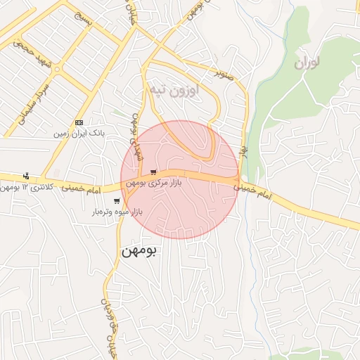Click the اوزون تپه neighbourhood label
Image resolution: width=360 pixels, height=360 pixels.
point(173,90)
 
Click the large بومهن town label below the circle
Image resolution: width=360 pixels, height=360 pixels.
point(139,250)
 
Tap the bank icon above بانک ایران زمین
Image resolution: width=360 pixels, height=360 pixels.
point(79,122)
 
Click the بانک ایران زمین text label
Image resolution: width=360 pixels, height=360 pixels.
point(79,132)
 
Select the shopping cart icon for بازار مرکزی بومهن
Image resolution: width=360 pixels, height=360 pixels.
point(153,172)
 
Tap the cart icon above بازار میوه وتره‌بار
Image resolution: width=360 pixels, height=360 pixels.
point(116,201)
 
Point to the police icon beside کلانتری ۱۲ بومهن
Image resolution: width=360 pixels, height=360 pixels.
point(26,176)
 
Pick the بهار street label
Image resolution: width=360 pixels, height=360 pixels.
point(243,150)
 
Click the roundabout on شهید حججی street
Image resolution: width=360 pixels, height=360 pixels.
point(56,70)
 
